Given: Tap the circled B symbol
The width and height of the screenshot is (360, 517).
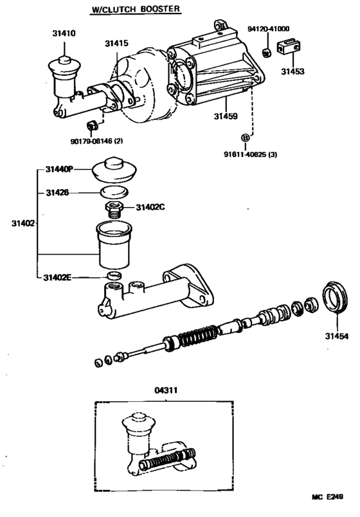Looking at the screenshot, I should pyautogui.click(x=244, y=137).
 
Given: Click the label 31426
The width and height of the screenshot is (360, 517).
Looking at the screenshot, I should pyautogui.click(x=57, y=192).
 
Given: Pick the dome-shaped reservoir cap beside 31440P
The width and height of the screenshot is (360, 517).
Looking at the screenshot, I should pyautogui.click(x=116, y=168).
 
